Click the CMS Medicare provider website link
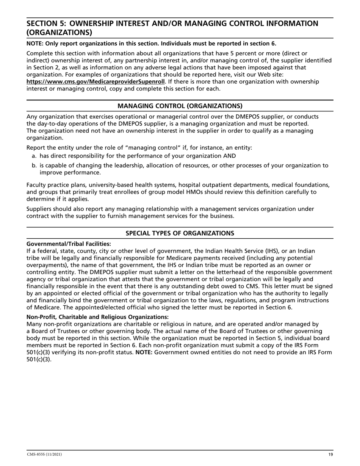95,81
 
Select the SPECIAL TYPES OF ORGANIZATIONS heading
180,233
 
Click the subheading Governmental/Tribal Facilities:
69,244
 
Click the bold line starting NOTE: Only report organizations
151,43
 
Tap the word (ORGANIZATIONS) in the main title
59,33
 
